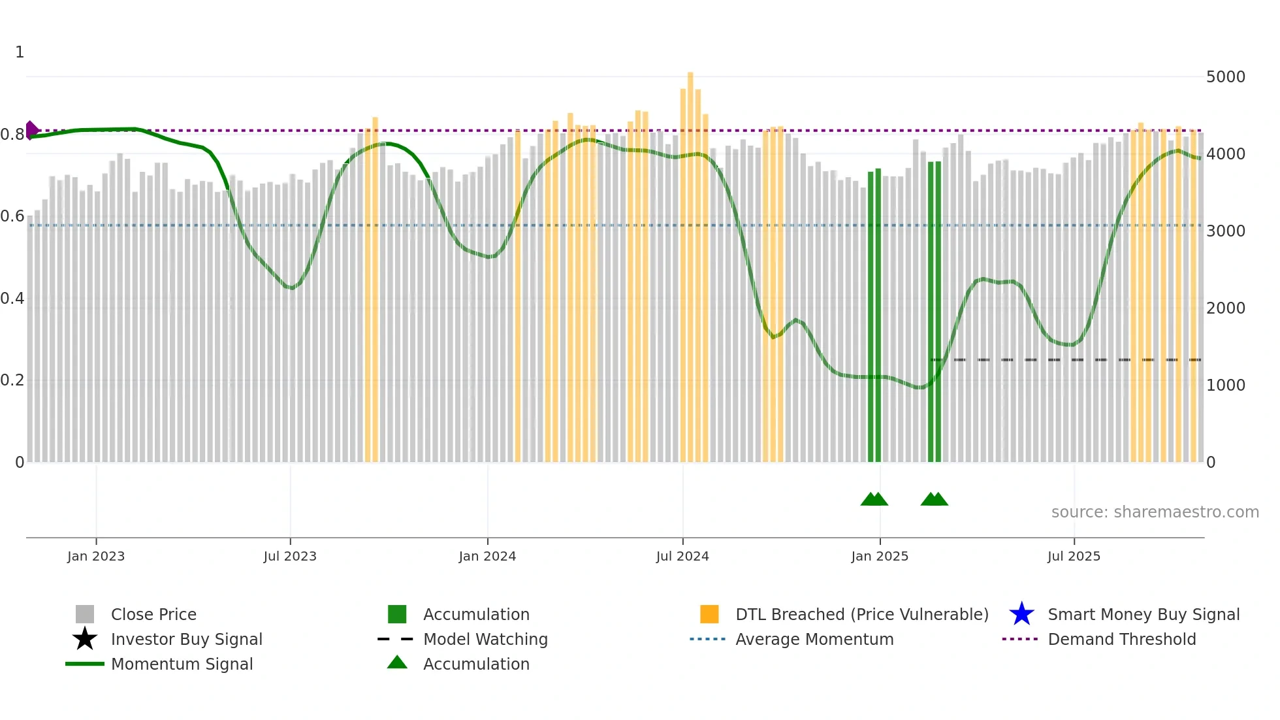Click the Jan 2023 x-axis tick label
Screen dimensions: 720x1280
pyautogui.click(x=95, y=556)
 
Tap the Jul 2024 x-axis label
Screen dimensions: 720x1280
pyautogui.click(x=682, y=556)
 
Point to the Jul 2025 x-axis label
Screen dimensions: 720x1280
pyautogui.click(x=1074, y=556)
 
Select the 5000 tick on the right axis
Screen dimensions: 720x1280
pyautogui.click(x=1225, y=77)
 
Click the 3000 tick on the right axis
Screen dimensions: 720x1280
pyautogui.click(x=1225, y=231)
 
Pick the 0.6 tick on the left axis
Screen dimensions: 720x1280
pyautogui.click(x=12, y=216)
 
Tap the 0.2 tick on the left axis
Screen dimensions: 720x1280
pyautogui.click(x=12, y=380)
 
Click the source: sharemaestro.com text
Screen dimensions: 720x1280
pyautogui.click(x=1155, y=512)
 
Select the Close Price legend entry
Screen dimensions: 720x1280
pyautogui.click(x=153, y=614)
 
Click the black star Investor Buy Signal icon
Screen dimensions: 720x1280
pyautogui.click(x=85, y=639)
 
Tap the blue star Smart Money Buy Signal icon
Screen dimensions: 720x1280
pyautogui.click(x=1021, y=614)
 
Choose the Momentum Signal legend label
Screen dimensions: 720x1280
pyautogui.click(x=182, y=664)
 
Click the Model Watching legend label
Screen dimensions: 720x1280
pyautogui.click(x=485, y=639)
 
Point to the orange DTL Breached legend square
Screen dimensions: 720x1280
pyautogui.click(x=709, y=614)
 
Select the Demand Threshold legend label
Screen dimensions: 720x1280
pyautogui.click(x=1121, y=639)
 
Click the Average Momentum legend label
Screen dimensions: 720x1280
pyautogui.click(x=814, y=639)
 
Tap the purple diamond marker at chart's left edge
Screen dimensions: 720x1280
pyautogui.click(x=31, y=130)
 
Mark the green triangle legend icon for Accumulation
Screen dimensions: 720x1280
pyautogui.click(x=397, y=663)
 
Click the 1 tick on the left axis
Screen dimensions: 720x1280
pyautogui.click(x=20, y=52)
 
